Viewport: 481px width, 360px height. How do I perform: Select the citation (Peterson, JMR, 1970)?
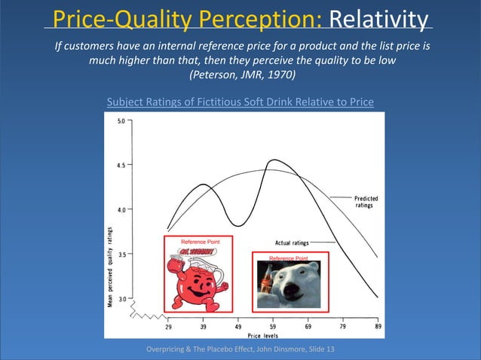tap(240, 76)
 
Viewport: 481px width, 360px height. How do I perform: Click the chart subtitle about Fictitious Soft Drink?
tap(240, 102)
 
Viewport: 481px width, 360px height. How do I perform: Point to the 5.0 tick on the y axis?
tap(122, 121)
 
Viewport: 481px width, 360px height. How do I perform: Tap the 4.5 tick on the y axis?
tap(122, 164)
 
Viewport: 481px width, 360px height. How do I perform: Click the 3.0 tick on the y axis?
tap(122, 298)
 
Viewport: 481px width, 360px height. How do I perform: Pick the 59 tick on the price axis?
tap(273, 327)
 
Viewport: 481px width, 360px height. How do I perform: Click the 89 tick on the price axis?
tap(377, 327)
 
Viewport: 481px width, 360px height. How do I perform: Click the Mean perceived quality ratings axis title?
tap(110, 268)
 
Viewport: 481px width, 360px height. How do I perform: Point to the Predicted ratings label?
tap(366, 202)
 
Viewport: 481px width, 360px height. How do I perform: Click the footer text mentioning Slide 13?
tap(240, 349)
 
